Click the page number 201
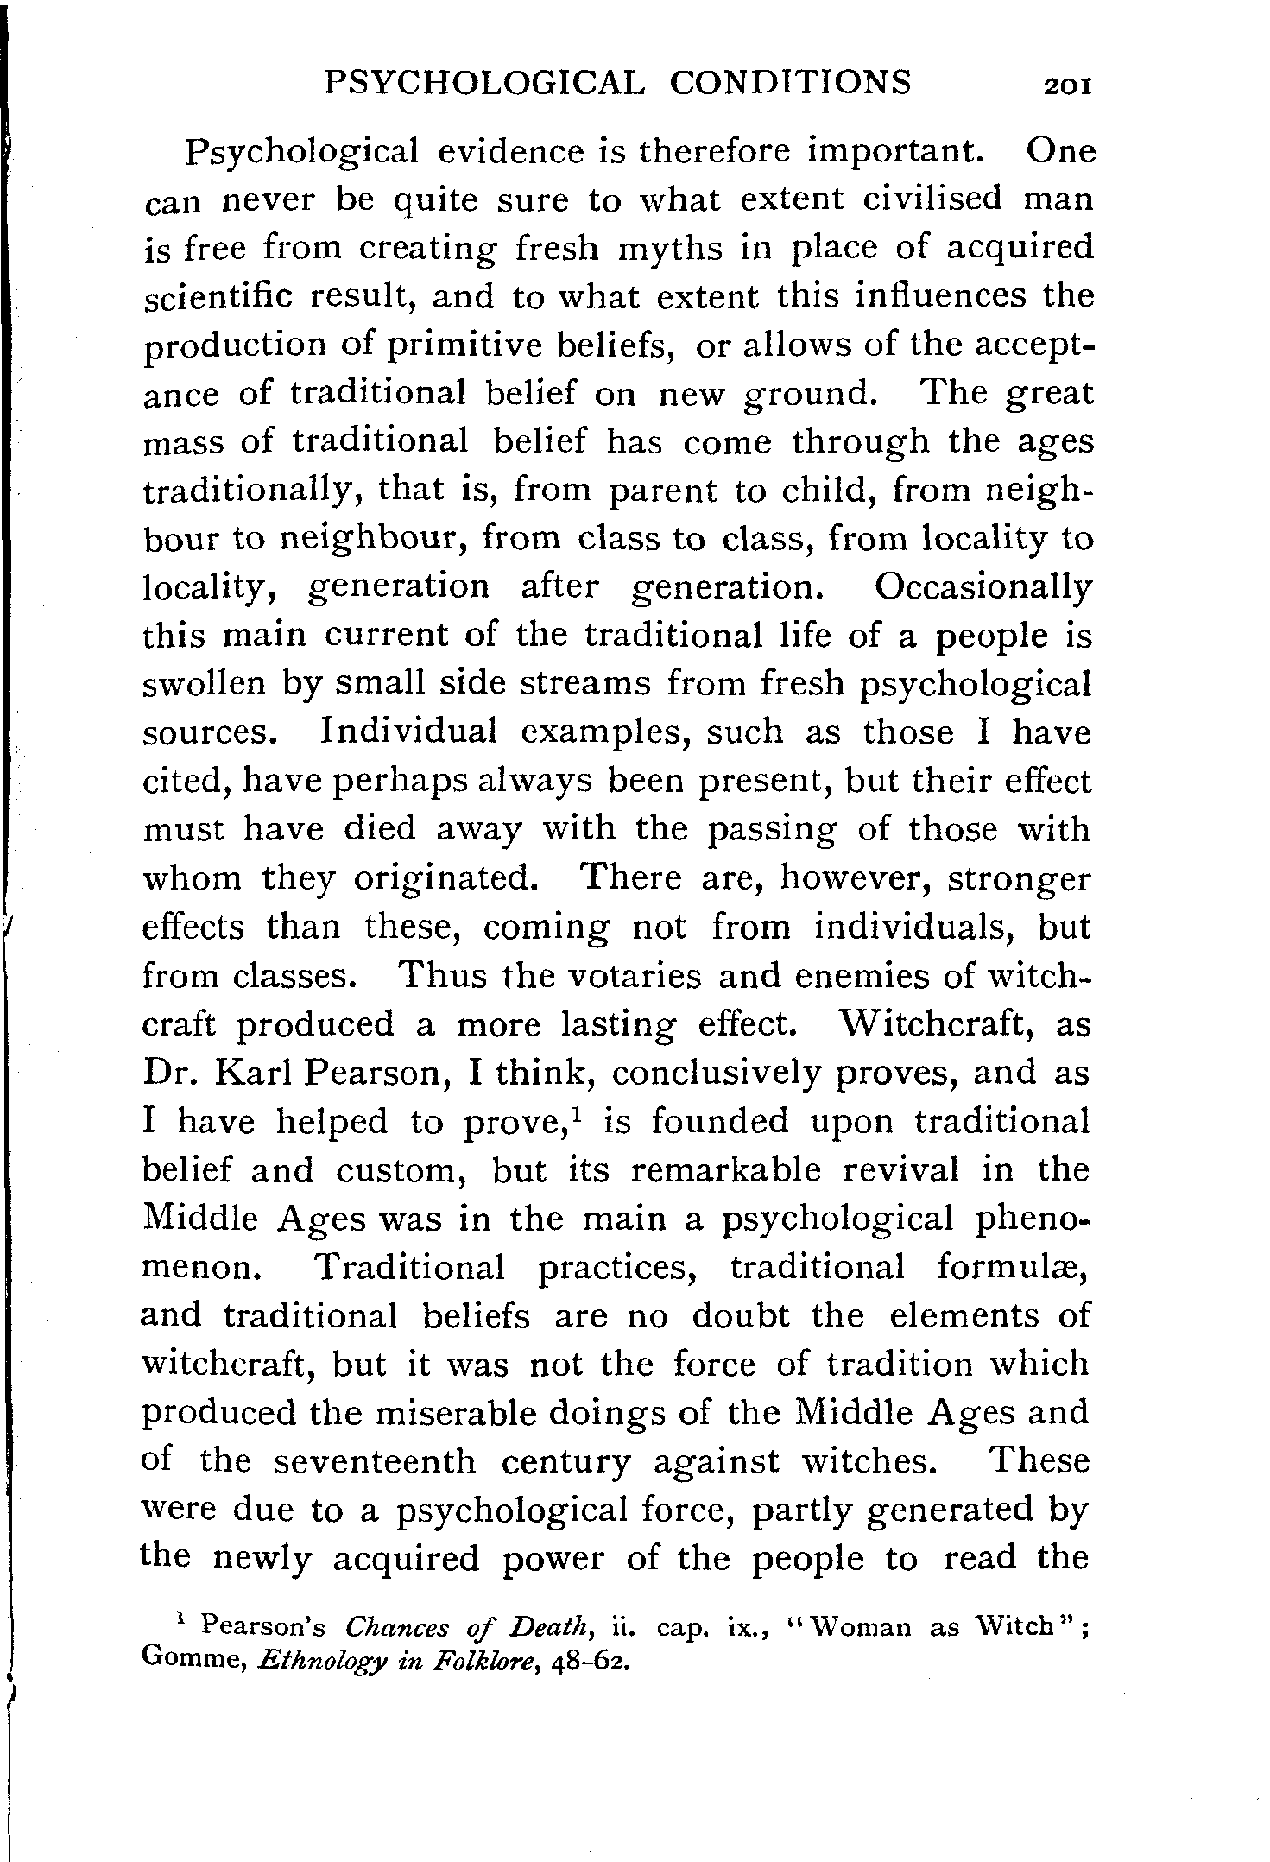(1068, 86)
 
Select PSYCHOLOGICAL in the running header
(483, 83)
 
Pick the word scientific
(218, 296)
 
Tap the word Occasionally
(983, 586)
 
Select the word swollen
(204, 683)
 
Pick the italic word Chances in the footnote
(396, 1628)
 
